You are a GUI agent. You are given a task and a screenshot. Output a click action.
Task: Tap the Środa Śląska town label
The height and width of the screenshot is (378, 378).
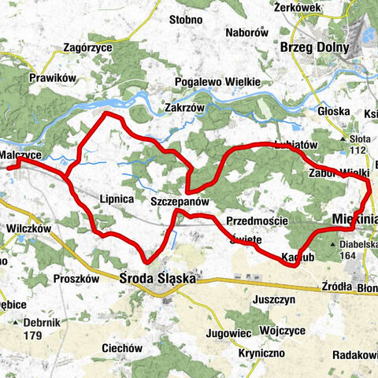pos(157,278)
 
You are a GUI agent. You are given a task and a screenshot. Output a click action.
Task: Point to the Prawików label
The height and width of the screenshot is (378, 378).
pos(50,79)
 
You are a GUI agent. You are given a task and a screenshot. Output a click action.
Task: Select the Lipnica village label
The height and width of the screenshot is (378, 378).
pos(117,199)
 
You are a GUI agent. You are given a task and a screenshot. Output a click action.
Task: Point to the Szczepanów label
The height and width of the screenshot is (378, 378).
pos(180,202)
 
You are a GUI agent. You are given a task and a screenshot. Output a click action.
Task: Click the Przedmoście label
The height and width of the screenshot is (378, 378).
pos(256,221)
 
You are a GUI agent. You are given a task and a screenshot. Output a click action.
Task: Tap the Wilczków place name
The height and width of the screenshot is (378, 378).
pos(30,228)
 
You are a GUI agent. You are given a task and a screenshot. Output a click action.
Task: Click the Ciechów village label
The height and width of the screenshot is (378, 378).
pos(122,347)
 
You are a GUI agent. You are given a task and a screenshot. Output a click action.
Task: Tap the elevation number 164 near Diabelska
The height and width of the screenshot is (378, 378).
pos(347,255)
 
